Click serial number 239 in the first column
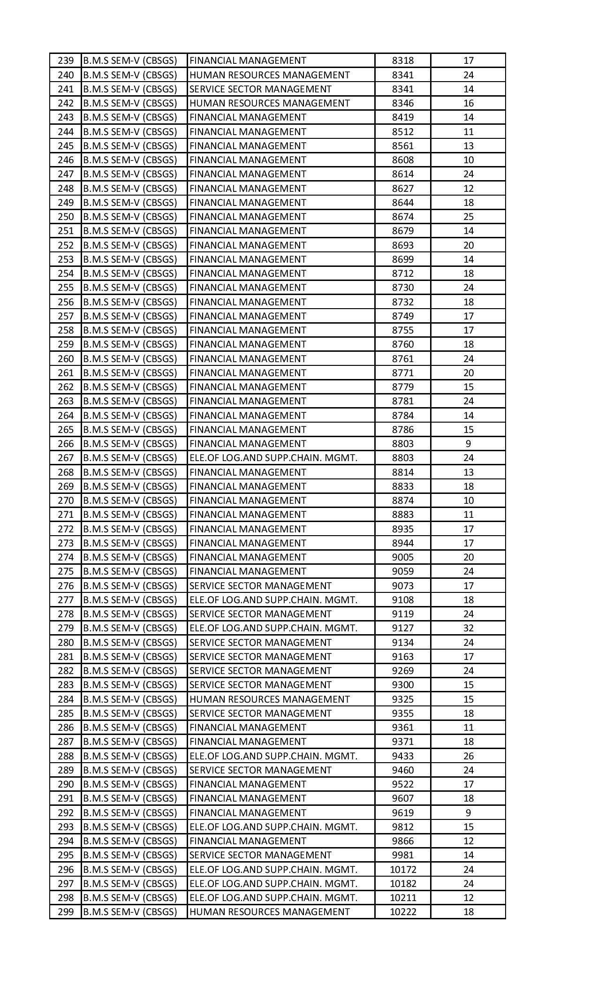66,61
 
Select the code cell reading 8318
403,61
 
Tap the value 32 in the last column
468,628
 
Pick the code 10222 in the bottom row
403,912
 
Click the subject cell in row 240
270,75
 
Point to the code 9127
403,628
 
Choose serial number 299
66,912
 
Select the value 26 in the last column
468,756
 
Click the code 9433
403,756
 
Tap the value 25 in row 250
468,217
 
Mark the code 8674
403,217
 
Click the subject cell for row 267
273,458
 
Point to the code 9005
403,557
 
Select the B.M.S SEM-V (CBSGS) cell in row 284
130,699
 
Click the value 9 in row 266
468,444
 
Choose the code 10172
403,870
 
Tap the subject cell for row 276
260,586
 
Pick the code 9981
403,855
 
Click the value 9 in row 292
468,813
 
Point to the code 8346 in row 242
403,103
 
